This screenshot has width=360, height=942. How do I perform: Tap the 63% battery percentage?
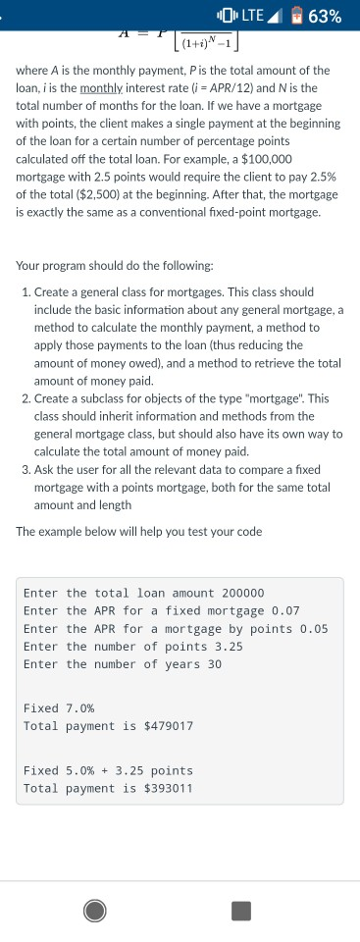click(324, 17)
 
